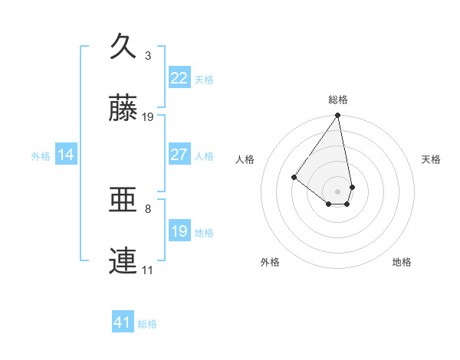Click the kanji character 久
(x=123, y=47)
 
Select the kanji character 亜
(x=123, y=201)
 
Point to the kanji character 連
(x=123, y=261)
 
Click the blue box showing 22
(x=179, y=78)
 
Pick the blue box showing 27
(x=179, y=155)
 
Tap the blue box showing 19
(x=179, y=231)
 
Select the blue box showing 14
(x=66, y=155)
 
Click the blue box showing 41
(x=122, y=322)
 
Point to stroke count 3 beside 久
(x=148, y=56)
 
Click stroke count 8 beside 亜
(x=148, y=208)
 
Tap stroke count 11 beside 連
(x=148, y=270)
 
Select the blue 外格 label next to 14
(x=41, y=156)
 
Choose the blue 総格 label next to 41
(x=147, y=324)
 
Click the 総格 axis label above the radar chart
(x=338, y=100)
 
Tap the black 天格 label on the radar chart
(x=431, y=159)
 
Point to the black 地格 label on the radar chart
(x=402, y=262)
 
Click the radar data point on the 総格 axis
(x=338, y=116)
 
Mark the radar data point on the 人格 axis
(x=294, y=177)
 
